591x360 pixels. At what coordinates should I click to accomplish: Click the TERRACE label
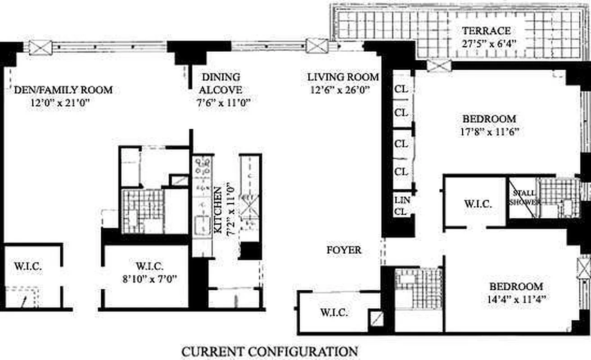[486, 31]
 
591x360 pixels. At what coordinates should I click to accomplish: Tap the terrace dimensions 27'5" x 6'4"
[489, 44]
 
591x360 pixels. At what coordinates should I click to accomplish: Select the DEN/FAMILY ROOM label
[63, 90]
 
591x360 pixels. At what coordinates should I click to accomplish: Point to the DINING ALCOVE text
[221, 83]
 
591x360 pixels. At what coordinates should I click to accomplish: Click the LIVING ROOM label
[343, 77]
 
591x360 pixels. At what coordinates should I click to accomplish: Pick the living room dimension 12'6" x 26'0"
[339, 90]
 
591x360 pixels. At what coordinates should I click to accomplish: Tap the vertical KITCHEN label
[218, 210]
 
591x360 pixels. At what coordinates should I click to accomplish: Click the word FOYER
[344, 250]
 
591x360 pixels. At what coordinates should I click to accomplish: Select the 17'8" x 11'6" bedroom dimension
[490, 131]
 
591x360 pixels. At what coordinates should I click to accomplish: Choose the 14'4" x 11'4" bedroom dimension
[516, 299]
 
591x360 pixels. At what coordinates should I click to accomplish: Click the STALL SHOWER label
[524, 198]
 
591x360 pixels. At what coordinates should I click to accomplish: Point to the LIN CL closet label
[402, 206]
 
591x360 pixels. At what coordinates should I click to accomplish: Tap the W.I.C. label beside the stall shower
[478, 204]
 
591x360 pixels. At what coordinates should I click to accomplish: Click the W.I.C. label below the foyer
[334, 313]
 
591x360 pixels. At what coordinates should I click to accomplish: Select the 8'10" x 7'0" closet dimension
[149, 279]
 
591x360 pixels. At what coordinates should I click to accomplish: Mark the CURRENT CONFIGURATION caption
[270, 351]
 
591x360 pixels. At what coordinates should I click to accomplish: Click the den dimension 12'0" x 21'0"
[60, 103]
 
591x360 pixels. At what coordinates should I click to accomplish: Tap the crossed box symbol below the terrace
[439, 66]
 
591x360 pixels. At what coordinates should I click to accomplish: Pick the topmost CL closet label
[402, 89]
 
